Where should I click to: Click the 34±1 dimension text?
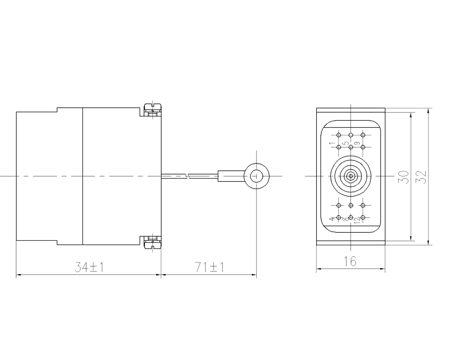click(x=89, y=267)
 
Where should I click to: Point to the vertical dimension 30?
click(x=404, y=176)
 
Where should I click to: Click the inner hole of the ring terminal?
click(x=256, y=176)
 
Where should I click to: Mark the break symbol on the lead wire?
click(x=187, y=175)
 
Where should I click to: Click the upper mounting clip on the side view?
click(x=152, y=110)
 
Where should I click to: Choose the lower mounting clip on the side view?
click(x=152, y=242)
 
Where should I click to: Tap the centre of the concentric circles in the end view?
click(x=351, y=176)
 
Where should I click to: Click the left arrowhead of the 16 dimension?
click(x=319, y=268)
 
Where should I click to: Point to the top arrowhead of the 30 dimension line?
click(x=411, y=114)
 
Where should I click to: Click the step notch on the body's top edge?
click(x=57, y=109)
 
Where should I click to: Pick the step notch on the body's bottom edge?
click(x=57, y=242)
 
